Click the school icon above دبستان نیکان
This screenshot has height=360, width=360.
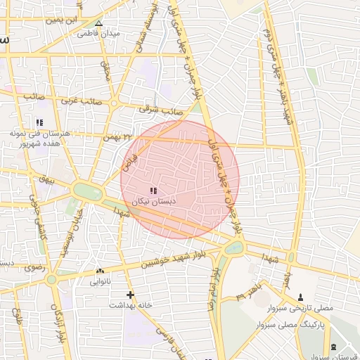pos(154,191)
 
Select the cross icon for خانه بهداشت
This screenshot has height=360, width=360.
pos(130,295)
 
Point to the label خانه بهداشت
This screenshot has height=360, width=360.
pos(130,305)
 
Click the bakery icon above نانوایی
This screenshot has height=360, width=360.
pos(99,271)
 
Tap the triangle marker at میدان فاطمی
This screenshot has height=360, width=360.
pos(98,23)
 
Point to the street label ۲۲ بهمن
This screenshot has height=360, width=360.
pos(117,136)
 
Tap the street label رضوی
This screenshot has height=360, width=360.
pos(33,267)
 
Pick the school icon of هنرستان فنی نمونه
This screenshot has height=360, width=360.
pos(39,122)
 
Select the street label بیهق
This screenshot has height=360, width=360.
pos(47,180)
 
